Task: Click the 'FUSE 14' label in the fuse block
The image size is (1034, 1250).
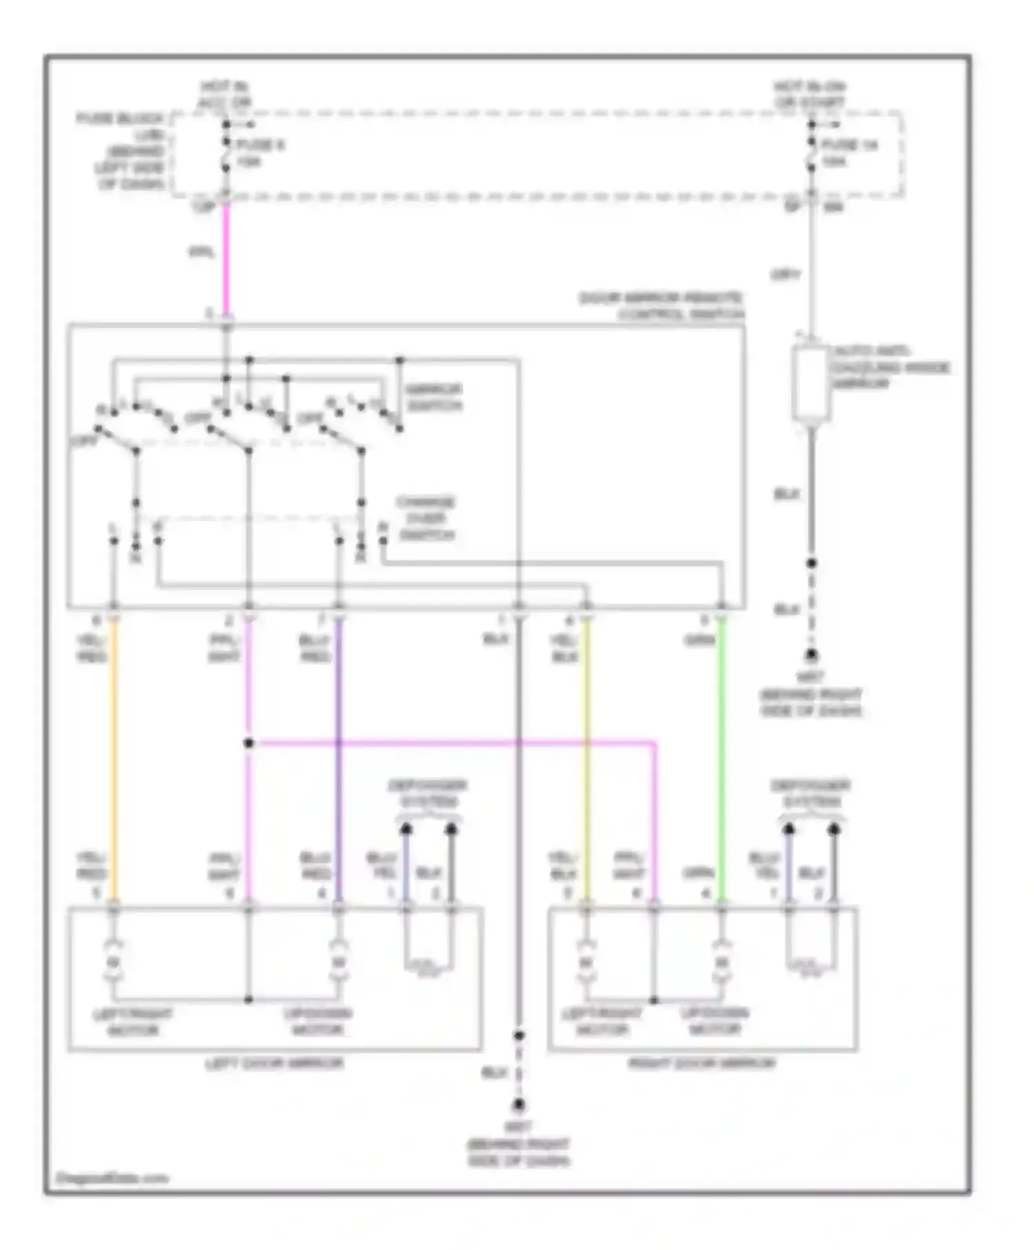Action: (849, 145)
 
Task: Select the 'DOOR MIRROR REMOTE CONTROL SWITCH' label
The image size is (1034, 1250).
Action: (662, 306)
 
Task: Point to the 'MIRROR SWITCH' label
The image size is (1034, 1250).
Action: (434, 398)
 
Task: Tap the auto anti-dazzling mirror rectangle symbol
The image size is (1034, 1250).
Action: (811, 383)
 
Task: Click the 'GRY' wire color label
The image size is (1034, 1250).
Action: (784, 275)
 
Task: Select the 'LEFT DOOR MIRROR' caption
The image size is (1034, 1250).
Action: (274, 1063)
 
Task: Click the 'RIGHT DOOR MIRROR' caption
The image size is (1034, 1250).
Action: (701, 1063)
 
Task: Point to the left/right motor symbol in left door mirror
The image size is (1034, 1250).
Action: (114, 961)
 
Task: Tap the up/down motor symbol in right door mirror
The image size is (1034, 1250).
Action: (721, 961)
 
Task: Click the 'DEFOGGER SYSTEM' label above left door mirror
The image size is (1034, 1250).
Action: (427, 793)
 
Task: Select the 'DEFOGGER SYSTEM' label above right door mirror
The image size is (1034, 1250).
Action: (811, 793)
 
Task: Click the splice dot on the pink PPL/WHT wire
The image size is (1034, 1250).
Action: (249, 743)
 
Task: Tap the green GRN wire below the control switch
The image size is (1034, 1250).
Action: (721, 758)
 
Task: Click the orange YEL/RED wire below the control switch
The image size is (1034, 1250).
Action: (114, 758)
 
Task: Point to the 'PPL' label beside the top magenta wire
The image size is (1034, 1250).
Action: (202, 252)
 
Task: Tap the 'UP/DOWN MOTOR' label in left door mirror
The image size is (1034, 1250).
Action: (318, 1022)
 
